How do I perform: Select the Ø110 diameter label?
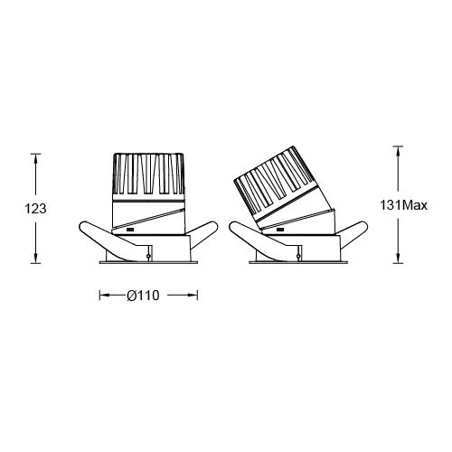click(x=147, y=295)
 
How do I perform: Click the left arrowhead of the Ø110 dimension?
click(x=102, y=295)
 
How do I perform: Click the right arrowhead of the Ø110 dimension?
click(x=193, y=295)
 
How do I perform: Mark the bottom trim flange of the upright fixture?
click(x=147, y=262)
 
